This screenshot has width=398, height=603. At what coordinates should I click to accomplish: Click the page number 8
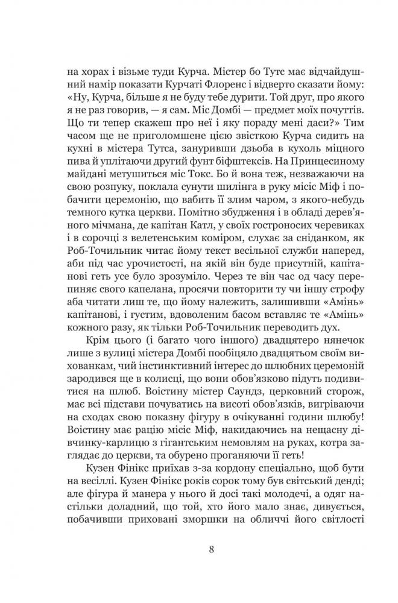(x=198, y=549)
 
